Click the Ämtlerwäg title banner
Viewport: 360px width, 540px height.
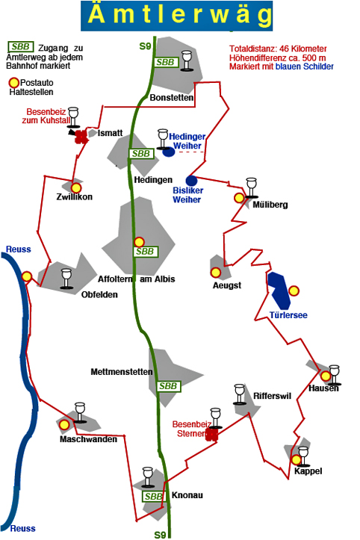[x=177, y=16]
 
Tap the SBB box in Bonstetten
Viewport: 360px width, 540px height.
[x=166, y=62]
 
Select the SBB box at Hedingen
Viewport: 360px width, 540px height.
[x=141, y=154]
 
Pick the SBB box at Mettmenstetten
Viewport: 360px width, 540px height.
[x=168, y=386]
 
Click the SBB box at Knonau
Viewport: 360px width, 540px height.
[x=153, y=496]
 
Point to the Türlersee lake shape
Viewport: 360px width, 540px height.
[x=279, y=291]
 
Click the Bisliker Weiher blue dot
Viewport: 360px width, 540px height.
[x=191, y=181]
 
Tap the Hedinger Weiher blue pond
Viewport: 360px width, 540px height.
[x=169, y=152]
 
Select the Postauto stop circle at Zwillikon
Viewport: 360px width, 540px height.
[x=76, y=188]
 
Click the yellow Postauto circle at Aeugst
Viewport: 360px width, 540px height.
[x=216, y=273]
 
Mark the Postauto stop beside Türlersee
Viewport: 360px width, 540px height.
[x=294, y=291]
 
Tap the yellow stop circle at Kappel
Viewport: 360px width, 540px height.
[x=297, y=460]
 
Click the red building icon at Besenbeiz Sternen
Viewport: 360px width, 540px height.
[x=212, y=434]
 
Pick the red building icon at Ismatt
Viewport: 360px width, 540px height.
[x=81, y=137]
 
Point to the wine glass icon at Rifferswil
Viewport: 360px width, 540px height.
[x=240, y=394]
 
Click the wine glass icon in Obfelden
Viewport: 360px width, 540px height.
[x=66, y=279]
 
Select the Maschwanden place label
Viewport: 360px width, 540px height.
[x=88, y=439]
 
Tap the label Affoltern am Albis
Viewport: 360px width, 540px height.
[x=137, y=279]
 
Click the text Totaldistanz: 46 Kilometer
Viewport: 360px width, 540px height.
[x=278, y=49]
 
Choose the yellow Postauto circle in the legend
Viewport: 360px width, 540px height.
[x=14, y=83]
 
